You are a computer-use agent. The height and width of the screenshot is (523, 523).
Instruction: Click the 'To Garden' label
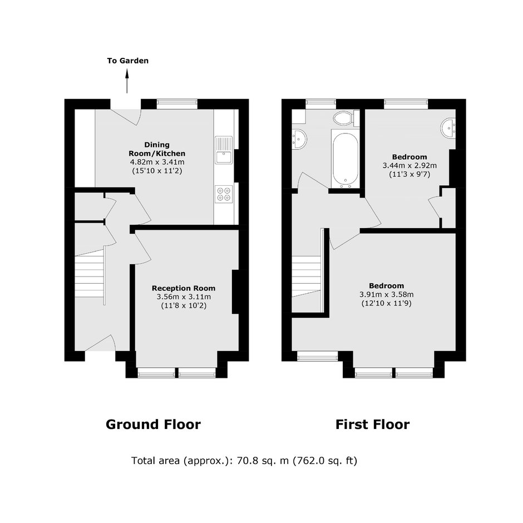[128, 61]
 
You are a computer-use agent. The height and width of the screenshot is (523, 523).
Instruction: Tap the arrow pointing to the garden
[127, 81]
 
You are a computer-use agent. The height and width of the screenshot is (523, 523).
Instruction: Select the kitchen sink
[224, 150]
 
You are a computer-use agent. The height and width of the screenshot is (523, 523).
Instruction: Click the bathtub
[345, 159]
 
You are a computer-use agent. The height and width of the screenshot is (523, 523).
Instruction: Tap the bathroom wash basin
[299, 139]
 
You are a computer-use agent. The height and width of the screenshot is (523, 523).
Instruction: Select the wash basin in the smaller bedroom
[448, 128]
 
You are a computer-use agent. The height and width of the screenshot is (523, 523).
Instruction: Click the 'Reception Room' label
[184, 288]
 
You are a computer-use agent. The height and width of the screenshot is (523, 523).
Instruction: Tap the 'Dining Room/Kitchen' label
[157, 149]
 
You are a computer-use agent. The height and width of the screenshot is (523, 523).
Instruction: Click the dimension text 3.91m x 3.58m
[386, 294]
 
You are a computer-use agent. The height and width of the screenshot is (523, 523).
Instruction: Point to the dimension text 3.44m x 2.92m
[409, 165]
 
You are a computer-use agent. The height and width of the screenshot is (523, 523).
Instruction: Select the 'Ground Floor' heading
[153, 425]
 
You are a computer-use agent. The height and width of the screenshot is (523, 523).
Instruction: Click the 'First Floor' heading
[372, 425]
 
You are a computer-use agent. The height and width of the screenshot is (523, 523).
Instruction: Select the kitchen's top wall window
[177, 104]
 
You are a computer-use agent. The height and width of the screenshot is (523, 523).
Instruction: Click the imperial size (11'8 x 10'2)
[184, 305]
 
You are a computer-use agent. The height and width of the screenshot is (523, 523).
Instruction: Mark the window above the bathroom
[321, 104]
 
